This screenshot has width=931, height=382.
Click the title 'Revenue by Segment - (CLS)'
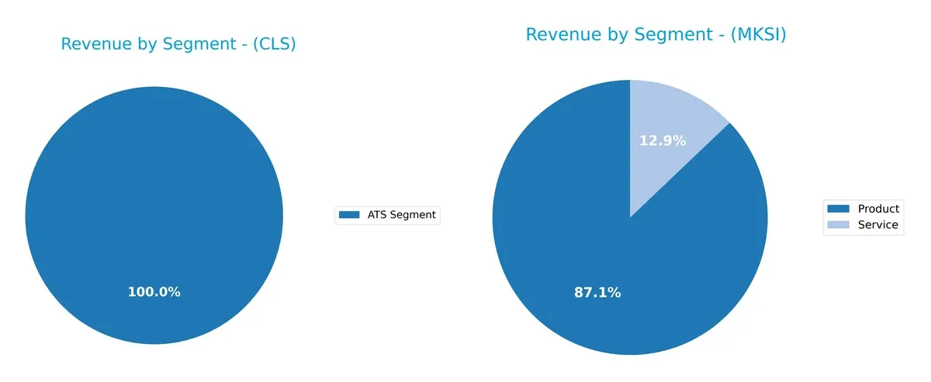(x=178, y=45)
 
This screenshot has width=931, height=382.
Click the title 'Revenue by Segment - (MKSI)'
(x=656, y=35)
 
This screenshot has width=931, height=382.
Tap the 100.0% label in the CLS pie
(x=154, y=292)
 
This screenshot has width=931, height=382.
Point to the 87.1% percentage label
(x=597, y=293)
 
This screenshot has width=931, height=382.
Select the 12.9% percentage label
(x=662, y=141)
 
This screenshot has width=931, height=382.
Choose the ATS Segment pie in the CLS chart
(x=154, y=202)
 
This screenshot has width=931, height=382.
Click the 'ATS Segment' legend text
(x=401, y=215)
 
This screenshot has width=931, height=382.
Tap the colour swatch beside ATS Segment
(x=350, y=215)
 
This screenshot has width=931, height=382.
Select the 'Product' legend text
(x=878, y=209)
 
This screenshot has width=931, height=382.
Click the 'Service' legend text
(x=877, y=225)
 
